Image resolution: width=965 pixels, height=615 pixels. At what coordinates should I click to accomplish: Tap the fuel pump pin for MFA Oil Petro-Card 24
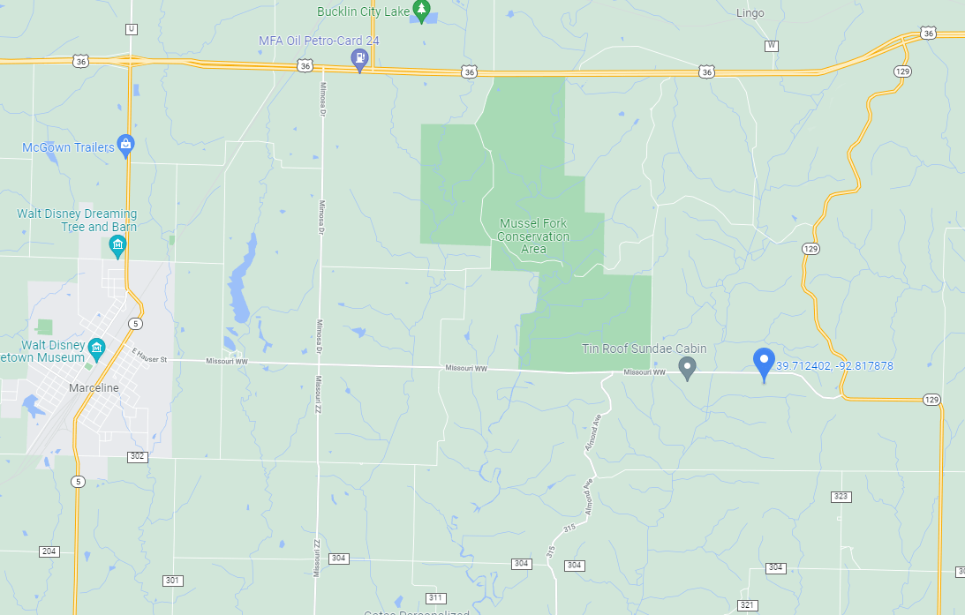359,59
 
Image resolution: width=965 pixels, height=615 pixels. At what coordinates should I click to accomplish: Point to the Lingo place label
750,13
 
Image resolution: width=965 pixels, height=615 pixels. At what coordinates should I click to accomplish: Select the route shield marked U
132,29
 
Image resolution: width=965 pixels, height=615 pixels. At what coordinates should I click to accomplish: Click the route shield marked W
772,45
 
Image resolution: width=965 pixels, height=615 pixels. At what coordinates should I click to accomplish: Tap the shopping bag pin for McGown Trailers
125,145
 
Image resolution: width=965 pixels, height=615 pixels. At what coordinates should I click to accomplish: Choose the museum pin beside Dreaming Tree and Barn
117,245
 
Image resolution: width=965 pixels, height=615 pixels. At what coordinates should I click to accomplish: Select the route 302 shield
137,456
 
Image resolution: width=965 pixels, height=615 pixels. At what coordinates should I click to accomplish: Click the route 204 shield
49,551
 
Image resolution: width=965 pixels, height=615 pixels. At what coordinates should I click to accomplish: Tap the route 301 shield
173,580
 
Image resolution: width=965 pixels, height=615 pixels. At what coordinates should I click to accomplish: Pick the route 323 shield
841,497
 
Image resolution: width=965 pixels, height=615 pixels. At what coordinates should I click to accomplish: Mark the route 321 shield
748,604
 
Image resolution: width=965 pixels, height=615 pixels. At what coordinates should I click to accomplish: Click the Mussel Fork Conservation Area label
533,236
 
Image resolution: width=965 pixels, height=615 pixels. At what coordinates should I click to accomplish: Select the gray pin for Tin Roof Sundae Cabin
688,367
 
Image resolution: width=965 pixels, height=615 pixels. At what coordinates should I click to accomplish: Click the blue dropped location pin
764,363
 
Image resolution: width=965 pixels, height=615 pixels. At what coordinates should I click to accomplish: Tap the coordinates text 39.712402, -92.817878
835,366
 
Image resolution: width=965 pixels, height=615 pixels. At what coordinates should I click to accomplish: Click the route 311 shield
436,597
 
